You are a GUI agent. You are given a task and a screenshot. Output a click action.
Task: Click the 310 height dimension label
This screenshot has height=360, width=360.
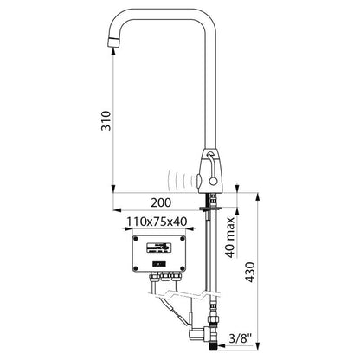tap(106, 120)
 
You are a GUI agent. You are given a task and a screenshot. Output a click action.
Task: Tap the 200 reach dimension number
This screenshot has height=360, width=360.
tap(161, 202)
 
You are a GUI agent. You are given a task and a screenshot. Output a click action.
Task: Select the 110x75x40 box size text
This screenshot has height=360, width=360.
tap(157, 222)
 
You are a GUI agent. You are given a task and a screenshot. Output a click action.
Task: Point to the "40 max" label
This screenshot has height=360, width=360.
tap(230, 237)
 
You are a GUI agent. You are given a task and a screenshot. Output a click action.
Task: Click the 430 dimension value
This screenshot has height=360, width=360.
tap(250, 272)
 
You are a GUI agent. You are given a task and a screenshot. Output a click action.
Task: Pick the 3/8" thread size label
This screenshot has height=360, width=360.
tap(240, 338)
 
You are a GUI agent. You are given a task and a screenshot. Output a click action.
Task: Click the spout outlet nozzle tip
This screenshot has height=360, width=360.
tap(113, 42)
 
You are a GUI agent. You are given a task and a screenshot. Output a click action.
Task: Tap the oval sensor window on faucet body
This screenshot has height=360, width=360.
tap(199, 180)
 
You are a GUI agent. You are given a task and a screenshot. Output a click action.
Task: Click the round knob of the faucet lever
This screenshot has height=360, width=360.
tap(213, 181)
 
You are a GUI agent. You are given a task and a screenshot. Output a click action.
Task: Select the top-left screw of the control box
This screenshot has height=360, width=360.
tap(136, 239)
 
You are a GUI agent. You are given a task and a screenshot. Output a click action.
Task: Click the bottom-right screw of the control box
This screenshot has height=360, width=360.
tap(183, 269)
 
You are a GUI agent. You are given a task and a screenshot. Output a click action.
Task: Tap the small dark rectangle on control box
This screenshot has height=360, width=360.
tap(158, 263)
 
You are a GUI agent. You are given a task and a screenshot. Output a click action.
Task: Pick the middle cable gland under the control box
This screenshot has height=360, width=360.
tap(165, 277)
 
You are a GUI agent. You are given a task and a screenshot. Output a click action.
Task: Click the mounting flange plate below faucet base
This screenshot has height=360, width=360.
tap(210, 209)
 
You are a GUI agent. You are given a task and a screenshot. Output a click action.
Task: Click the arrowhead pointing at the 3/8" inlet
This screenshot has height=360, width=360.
tap(222, 344)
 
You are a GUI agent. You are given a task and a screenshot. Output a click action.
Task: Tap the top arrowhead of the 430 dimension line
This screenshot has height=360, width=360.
tap(259, 197)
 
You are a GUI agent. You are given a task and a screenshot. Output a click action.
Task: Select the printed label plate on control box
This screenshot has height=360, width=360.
tap(157, 247)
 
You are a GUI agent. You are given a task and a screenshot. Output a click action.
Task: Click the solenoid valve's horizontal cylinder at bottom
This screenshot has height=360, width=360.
tap(197, 334)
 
